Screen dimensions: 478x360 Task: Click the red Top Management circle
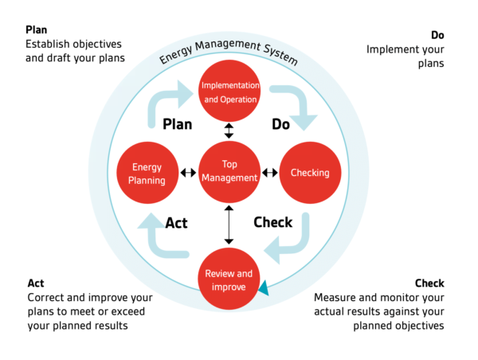tap(229, 172)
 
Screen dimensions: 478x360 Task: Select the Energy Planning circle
tap(147, 173)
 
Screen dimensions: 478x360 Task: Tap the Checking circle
tap(310, 173)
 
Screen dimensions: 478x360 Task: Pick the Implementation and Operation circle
tap(229, 91)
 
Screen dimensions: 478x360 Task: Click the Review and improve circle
tap(229, 279)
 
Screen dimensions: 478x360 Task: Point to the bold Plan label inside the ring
tap(178, 124)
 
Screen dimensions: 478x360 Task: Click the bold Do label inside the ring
tap(280, 124)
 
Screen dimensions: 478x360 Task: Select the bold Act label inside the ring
tap(177, 223)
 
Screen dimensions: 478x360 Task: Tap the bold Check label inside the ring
tap(272, 222)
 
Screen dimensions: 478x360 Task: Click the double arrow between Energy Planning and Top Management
tap(188, 173)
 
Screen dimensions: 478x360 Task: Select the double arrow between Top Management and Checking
tap(270, 173)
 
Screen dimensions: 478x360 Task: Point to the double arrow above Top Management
tap(229, 131)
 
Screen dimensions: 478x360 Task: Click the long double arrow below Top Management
tap(229, 225)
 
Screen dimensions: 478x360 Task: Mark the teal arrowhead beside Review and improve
tap(264, 288)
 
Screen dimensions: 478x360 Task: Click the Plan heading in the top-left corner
tap(37, 30)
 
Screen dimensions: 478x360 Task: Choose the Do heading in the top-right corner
tap(437, 35)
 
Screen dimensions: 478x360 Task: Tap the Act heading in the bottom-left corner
tap(36, 284)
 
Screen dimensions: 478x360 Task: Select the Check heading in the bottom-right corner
tap(429, 284)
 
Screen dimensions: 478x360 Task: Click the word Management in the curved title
tap(228, 45)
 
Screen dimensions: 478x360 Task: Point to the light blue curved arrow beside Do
tap(303, 100)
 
